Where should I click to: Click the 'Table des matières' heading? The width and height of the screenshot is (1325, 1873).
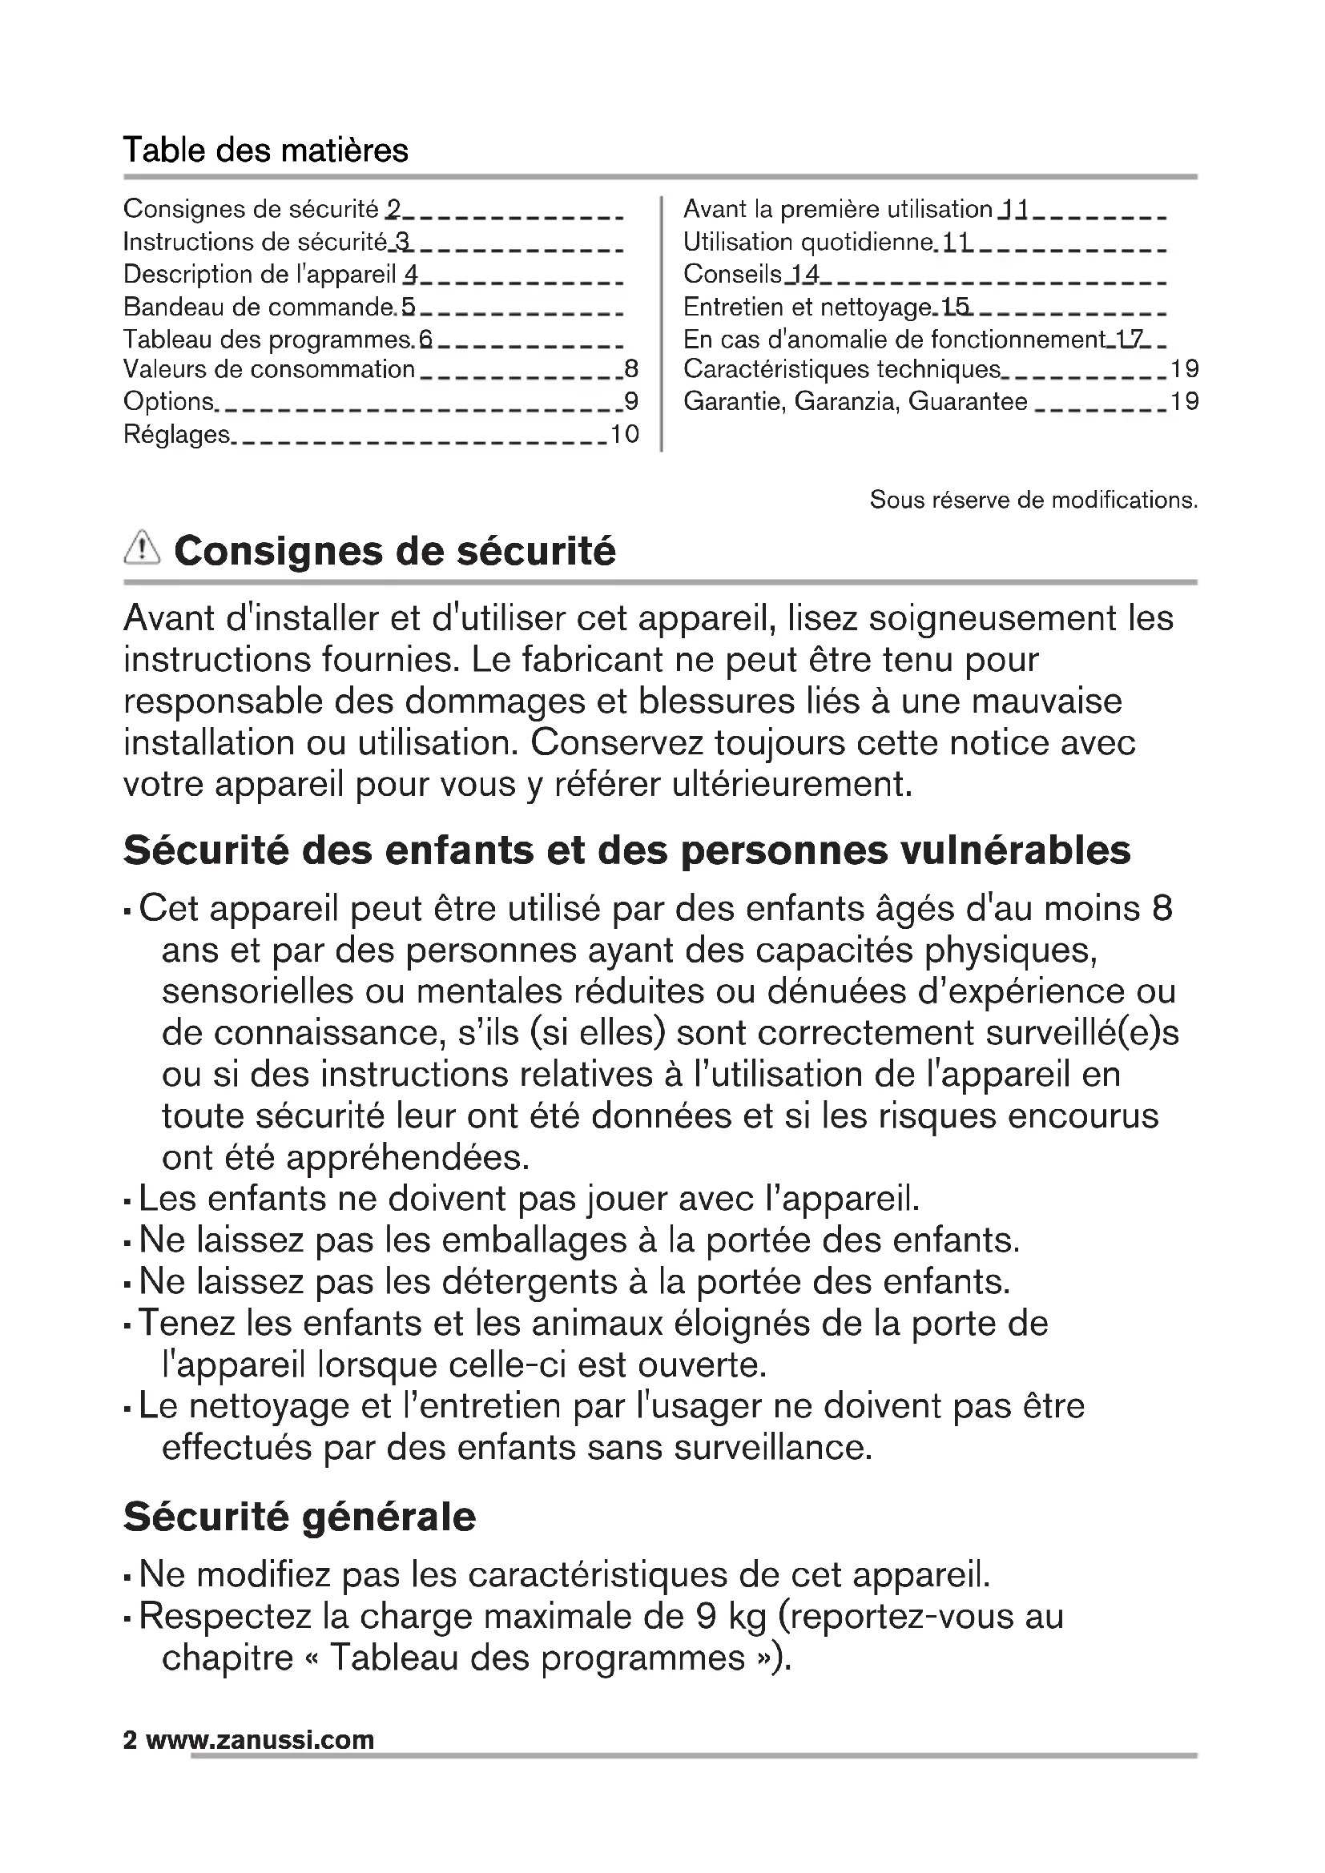click(x=265, y=151)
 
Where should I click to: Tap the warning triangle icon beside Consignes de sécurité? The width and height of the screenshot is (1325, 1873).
click(x=141, y=548)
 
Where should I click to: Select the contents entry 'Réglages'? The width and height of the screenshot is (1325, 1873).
click(x=176, y=435)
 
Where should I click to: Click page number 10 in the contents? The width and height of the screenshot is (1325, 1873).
click(x=624, y=435)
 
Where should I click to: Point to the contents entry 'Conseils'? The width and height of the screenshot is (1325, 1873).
click(x=732, y=274)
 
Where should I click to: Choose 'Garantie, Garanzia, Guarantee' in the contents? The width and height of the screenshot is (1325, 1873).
click(x=855, y=401)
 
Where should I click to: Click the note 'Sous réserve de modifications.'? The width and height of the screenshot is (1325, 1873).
click(x=1033, y=499)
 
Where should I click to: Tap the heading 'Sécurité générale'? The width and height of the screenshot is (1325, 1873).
click(x=300, y=1517)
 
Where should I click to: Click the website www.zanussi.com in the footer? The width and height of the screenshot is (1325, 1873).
click(x=260, y=1740)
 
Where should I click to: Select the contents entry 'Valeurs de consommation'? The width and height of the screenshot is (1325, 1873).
click(x=268, y=369)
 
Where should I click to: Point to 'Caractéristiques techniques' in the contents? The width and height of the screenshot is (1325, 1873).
click(x=841, y=369)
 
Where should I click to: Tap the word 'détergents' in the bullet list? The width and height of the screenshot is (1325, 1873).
click(x=530, y=1281)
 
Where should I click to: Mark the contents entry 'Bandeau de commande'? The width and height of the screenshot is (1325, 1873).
click(x=259, y=307)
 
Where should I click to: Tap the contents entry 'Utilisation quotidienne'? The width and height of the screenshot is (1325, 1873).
click(x=807, y=243)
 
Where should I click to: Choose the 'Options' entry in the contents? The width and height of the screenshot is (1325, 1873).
click(x=168, y=401)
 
